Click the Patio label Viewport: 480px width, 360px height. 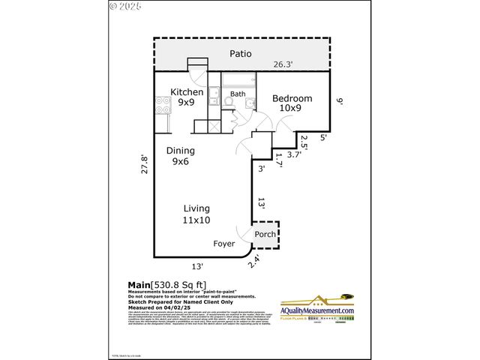click(240, 54)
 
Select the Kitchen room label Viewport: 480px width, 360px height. click(187, 92)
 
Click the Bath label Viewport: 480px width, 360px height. click(238, 94)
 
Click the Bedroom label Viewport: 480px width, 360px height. click(292, 99)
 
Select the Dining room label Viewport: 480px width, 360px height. click(181, 150)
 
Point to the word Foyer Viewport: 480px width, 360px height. click(223, 244)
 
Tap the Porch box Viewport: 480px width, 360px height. click(265, 234)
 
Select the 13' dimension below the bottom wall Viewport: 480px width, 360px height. click(198, 265)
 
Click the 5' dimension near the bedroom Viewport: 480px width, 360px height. click(322, 137)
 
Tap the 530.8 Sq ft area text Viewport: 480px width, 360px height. click(178, 284)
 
